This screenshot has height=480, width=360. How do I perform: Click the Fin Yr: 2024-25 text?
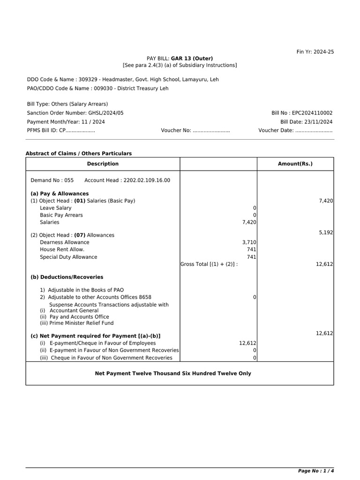pyautogui.click(x=315, y=52)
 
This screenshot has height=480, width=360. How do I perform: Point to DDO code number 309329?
pyautogui.click(x=89, y=80)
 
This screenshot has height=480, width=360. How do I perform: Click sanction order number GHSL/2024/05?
pyautogui.click(x=106, y=113)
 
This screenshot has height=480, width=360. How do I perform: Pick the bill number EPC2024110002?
pyautogui.click(x=312, y=113)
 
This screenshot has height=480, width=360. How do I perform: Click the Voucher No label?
pyautogui.click(x=176, y=131)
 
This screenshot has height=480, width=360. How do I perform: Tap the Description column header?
pyautogui.click(x=103, y=164)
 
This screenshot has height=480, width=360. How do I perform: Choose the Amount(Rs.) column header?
pyautogui.click(x=295, y=164)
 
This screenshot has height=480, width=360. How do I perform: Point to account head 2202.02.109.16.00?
pyautogui.click(x=147, y=180)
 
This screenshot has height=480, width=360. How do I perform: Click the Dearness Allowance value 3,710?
pyautogui.click(x=249, y=242)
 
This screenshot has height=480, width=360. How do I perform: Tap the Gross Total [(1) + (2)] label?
pyautogui.click(x=209, y=264)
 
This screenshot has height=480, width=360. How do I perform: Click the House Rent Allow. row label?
pyautogui.click(x=62, y=250)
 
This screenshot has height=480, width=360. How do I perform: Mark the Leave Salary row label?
pyautogui.click(x=56, y=208)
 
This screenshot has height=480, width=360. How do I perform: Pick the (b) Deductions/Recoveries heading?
pyautogui.click(x=67, y=277)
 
